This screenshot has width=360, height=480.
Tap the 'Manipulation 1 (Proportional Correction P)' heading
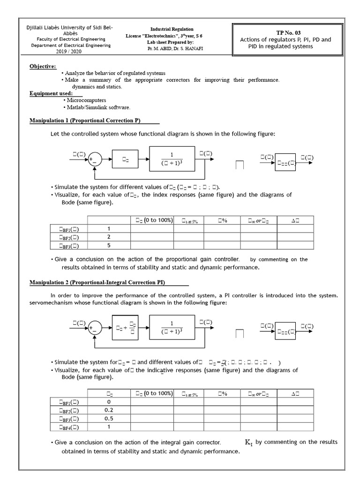point(85,120)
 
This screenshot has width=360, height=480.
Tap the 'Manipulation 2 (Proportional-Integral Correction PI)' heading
point(97,282)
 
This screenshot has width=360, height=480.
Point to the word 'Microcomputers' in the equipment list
point(86,100)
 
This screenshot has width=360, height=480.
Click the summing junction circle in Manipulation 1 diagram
point(95,160)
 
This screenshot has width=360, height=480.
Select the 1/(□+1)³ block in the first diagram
point(172,159)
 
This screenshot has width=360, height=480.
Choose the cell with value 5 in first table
point(109,245)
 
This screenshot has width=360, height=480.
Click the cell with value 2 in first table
point(109,237)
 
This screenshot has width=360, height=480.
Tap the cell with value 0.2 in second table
point(109,410)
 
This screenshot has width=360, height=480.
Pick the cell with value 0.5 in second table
point(109,419)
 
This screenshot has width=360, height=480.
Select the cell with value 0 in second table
point(109,402)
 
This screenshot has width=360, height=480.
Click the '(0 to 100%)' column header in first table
point(152,220)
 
